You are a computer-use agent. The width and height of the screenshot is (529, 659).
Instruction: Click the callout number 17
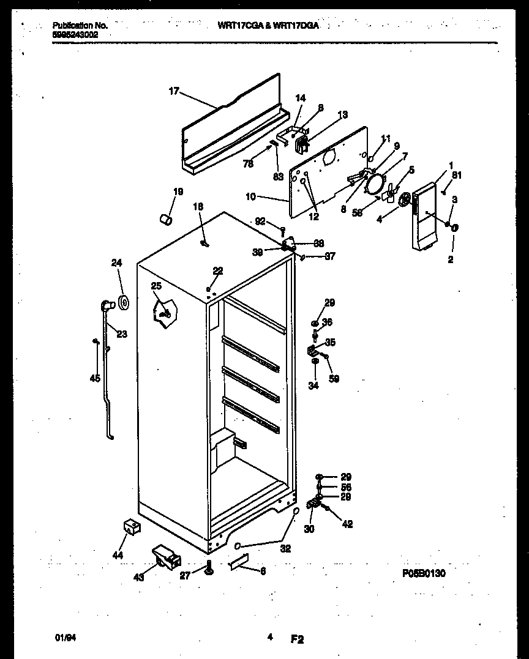[x=174, y=91]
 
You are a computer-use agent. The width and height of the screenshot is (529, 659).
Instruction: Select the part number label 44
[x=118, y=556]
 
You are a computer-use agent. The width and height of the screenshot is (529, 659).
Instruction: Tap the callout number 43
[x=139, y=577]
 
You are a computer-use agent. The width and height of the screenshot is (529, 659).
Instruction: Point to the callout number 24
[x=116, y=264]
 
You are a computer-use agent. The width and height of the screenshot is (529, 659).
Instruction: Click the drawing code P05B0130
[x=424, y=573]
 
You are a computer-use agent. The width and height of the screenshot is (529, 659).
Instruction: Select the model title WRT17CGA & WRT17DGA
[x=268, y=26]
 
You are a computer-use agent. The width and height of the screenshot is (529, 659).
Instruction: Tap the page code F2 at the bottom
[x=296, y=639]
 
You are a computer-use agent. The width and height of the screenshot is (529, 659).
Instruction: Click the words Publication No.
[x=80, y=26]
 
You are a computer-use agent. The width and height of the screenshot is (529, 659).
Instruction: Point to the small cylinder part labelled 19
[x=165, y=219]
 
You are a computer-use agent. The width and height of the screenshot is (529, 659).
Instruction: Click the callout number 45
[x=94, y=378]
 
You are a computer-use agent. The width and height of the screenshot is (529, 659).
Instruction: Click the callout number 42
[x=348, y=524]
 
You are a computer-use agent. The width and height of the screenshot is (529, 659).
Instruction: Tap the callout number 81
[x=456, y=176]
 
